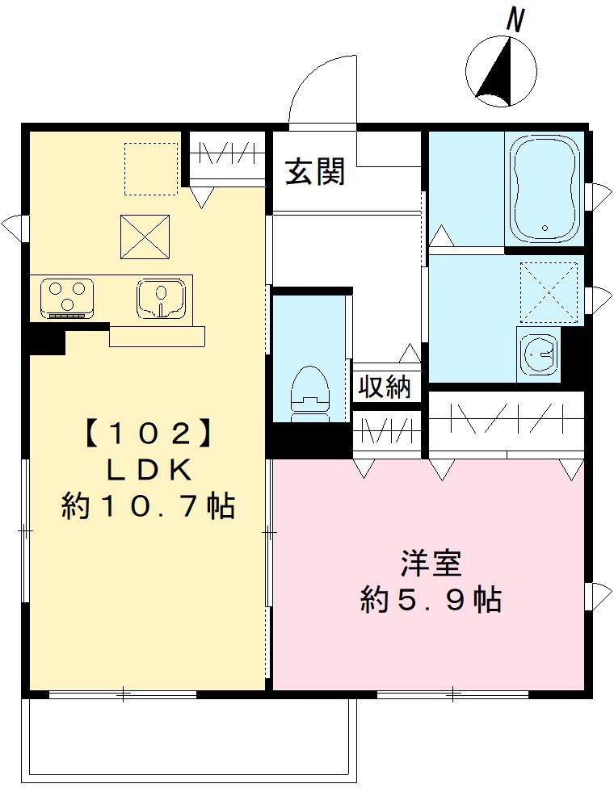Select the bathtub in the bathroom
pyautogui.click(x=544, y=188)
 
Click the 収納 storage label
pyautogui.click(x=385, y=388)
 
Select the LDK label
pyautogui.click(x=149, y=471)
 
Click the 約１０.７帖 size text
pyautogui.click(x=149, y=506)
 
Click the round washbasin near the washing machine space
pyautogui.click(x=540, y=353)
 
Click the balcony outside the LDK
pyautogui.click(x=191, y=738)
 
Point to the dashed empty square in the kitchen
pyautogui.click(x=151, y=169)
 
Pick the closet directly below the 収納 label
pyautogui.click(x=386, y=429)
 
